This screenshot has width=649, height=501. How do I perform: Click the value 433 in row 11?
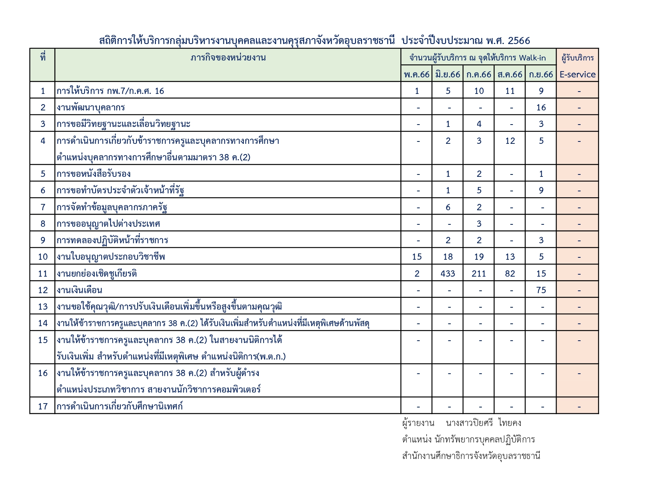(x=448, y=273)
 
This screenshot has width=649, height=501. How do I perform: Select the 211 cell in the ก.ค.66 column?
(x=479, y=273)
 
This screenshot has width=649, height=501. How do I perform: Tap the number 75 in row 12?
(x=541, y=290)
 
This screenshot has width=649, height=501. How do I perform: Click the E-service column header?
(x=577, y=74)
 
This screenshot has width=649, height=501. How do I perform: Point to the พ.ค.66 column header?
(x=417, y=74)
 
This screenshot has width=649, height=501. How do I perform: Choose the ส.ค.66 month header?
(x=510, y=74)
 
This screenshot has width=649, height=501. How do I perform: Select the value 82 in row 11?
(x=510, y=273)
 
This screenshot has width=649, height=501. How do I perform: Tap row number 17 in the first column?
(x=42, y=406)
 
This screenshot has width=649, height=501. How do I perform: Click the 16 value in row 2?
(x=541, y=107)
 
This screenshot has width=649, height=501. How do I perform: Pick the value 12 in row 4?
(x=510, y=141)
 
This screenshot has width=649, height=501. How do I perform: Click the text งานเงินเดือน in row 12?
(x=79, y=290)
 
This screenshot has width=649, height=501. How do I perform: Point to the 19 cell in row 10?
(x=479, y=257)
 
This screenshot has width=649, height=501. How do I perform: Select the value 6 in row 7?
(x=448, y=207)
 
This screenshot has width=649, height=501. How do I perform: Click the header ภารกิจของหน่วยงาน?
(x=228, y=58)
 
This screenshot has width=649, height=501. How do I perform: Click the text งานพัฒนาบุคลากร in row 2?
(x=90, y=107)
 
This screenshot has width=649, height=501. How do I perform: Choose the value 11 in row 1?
(x=510, y=91)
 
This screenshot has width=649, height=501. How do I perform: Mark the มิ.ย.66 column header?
(x=448, y=74)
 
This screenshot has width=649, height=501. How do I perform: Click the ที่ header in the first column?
(x=42, y=58)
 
